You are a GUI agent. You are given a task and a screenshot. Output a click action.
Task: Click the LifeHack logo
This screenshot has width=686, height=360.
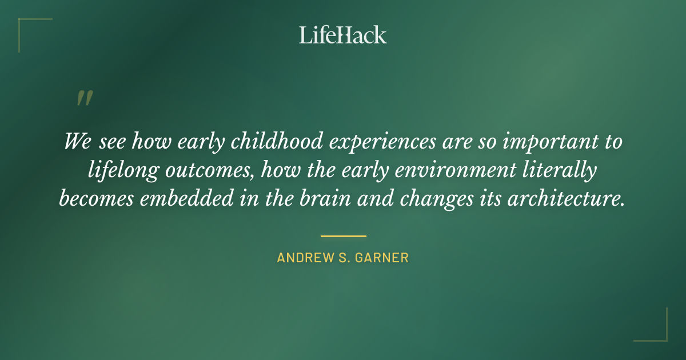tap(342, 35)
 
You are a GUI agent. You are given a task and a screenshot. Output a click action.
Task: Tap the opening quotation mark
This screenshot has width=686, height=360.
tap(84, 98)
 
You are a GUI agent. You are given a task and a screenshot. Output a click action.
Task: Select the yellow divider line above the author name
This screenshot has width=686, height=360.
tap(343, 235)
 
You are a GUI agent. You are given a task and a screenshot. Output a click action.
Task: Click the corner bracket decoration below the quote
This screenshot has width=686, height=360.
tap(651, 325)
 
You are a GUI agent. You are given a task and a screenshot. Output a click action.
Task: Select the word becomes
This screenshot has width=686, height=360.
tap(94, 198)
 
